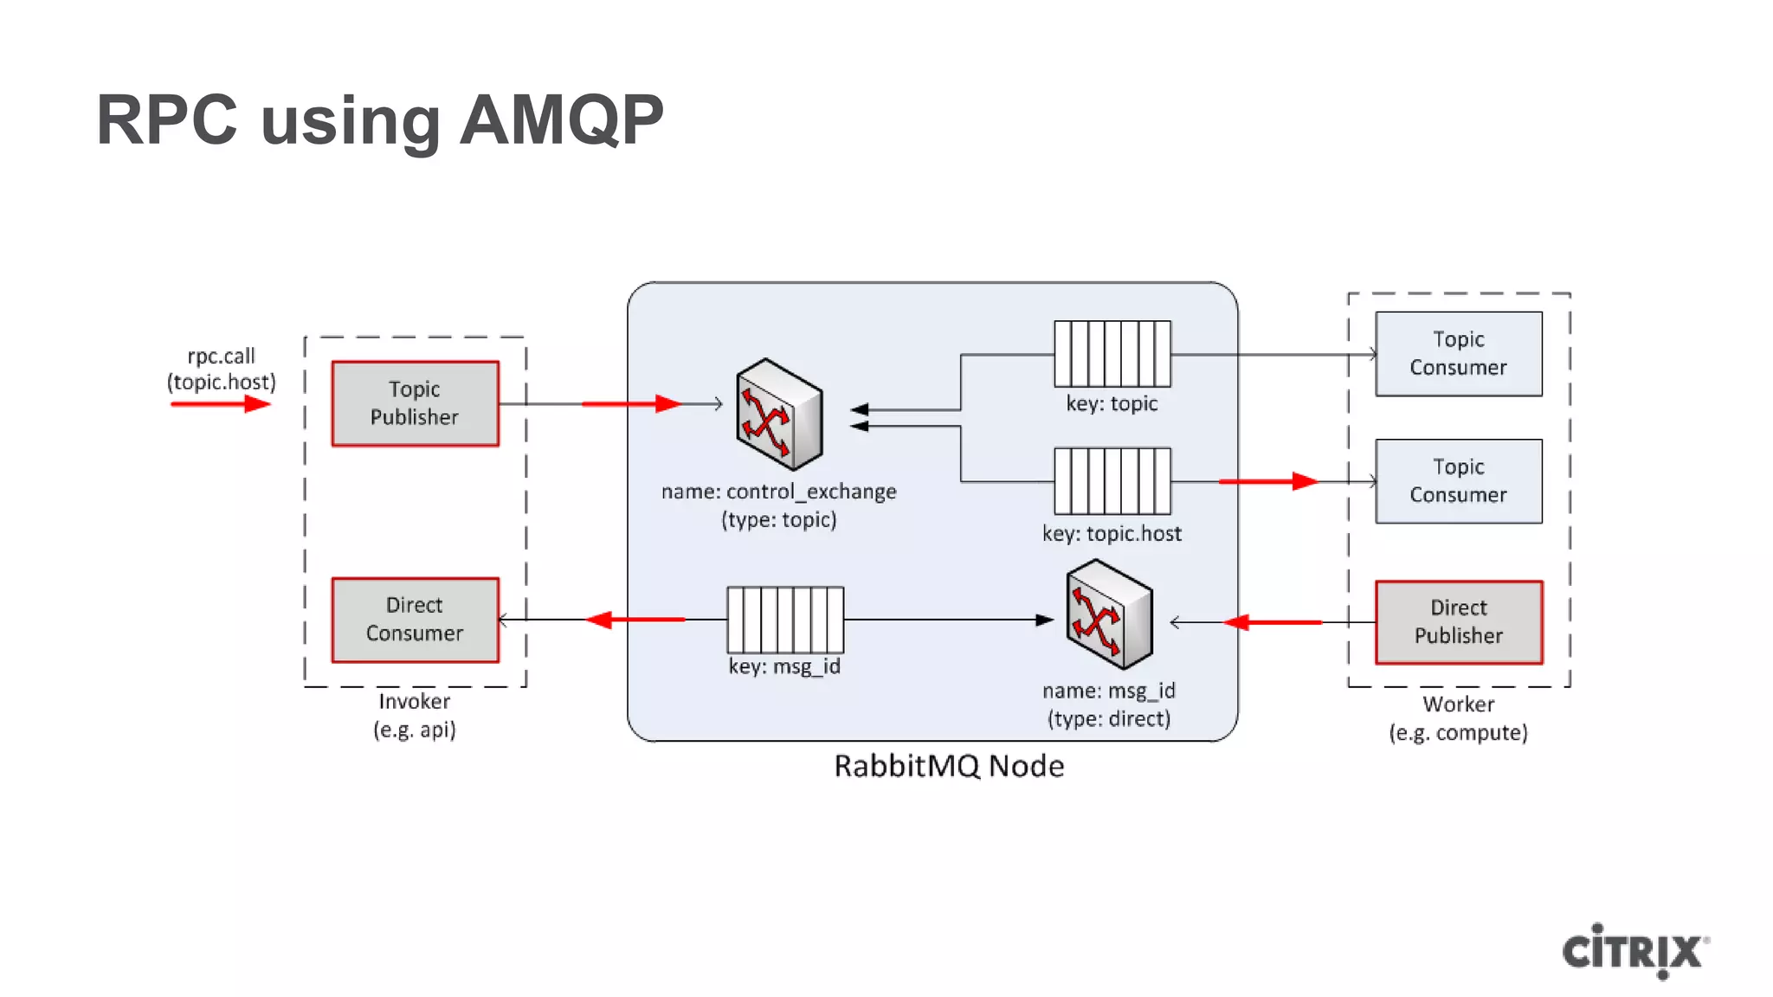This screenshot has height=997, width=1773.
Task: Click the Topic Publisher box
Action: pyautogui.click(x=415, y=403)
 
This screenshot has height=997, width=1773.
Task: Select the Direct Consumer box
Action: pyautogui.click(x=415, y=620)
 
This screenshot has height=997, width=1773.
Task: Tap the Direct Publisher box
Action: pyautogui.click(x=1458, y=622)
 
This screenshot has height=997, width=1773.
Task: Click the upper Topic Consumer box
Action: pyautogui.click(x=1458, y=353)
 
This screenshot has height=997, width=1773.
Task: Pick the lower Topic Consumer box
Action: pyautogui.click(x=1458, y=481)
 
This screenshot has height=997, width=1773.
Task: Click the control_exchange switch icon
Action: pyautogui.click(x=777, y=414)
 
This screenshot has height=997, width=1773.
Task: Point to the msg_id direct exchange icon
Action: pyautogui.click(x=1108, y=614)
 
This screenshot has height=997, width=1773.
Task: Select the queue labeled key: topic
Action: pyautogui.click(x=1112, y=354)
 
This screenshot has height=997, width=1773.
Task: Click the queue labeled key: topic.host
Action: pyautogui.click(x=1112, y=481)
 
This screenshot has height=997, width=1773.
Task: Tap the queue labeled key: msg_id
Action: pyautogui.click(x=784, y=620)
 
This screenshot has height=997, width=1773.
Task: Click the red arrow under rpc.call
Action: pyautogui.click(x=221, y=404)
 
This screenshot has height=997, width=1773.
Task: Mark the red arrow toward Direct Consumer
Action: pyautogui.click(x=635, y=620)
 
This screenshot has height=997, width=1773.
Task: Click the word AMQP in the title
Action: pyautogui.click(x=561, y=119)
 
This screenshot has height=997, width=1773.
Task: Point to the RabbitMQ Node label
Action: pyautogui.click(x=949, y=766)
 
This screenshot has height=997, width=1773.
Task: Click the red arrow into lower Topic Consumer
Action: pyautogui.click(x=1267, y=481)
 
